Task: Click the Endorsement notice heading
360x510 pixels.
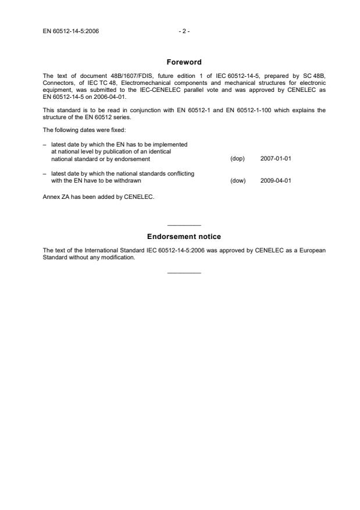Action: (184, 237)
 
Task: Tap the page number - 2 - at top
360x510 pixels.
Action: (184, 31)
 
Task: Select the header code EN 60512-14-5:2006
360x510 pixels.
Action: (70, 31)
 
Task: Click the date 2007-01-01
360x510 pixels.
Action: (276, 159)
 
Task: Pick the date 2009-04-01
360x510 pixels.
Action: (276, 180)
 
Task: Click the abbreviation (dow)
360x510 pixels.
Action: (238, 180)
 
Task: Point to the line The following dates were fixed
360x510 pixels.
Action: (78, 131)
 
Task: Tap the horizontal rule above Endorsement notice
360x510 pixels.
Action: (184, 225)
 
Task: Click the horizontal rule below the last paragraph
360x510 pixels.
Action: (184, 273)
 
